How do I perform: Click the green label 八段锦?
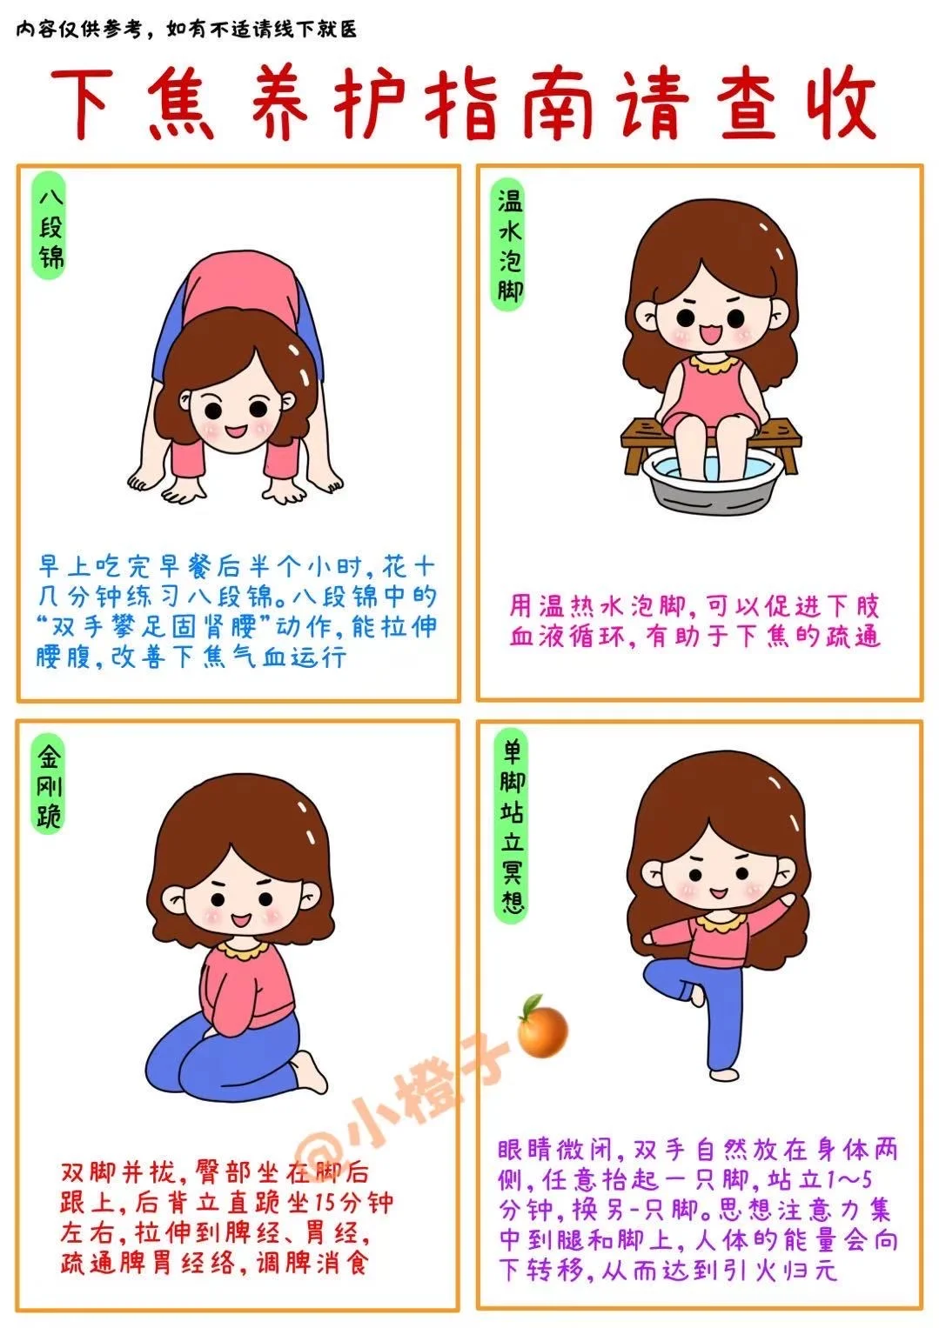pyautogui.click(x=50, y=225)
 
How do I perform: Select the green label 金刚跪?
pyautogui.click(x=48, y=785)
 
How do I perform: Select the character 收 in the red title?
pyautogui.click(x=841, y=104)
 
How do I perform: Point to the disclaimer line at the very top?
pyautogui.click(x=186, y=29)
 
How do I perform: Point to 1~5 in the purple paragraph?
pyautogui.click(x=850, y=1179)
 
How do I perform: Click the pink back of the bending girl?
pyautogui.click(x=240, y=284)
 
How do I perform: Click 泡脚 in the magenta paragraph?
pyautogui.click(x=657, y=606)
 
